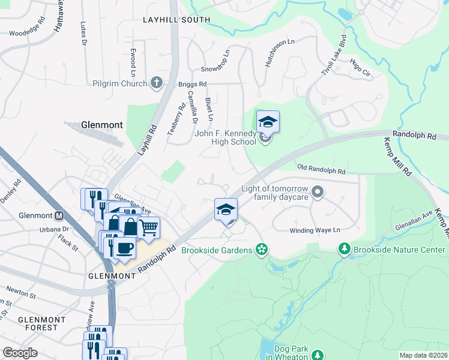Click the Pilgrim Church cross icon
[x=157, y=83]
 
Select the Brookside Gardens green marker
[x=261, y=248]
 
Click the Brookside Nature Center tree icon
[x=344, y=248]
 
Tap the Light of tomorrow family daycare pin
[x=318, y=193]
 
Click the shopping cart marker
[x=149, y=227]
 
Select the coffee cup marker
[x=125, y=247]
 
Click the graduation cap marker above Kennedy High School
[x=268, y=122]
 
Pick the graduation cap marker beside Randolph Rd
[x=226, y=209]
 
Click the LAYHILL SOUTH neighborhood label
[x=176, y=20]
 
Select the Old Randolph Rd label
[x=321, y=171]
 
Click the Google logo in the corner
[x=20, y=353]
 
